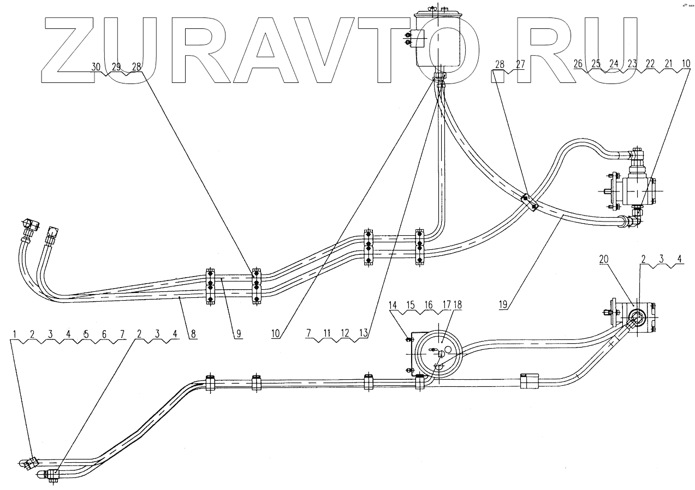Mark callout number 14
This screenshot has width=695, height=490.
click(393, 304)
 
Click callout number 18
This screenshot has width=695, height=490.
click(457, 304)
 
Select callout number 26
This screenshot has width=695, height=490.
click(578, 64)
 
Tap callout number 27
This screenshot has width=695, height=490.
click(519, 64)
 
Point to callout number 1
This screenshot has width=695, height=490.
click(15, 332)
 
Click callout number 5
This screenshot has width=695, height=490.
click(86, 332)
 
